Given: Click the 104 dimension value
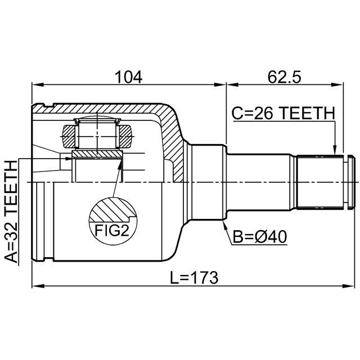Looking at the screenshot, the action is (129, 77).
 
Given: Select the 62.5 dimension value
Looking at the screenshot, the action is (284, 77).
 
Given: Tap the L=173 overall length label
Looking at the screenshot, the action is (194, 277).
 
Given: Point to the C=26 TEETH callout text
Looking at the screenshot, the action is (283, 114).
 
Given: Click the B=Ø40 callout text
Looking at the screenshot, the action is (260, 237).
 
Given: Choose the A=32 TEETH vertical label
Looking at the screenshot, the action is (11, 211).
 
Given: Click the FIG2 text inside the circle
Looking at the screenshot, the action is (112, 231).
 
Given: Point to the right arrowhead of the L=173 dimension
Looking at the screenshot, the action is (349, 286).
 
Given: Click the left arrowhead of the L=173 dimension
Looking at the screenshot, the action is (38, 286).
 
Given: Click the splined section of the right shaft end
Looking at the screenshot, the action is (320, 182).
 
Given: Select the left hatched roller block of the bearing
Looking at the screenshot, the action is (69, 136).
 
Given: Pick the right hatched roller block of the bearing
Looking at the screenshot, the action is (126, 136).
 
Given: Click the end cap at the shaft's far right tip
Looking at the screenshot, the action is (351, 182).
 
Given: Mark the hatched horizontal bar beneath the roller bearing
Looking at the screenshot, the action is (97, 154).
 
